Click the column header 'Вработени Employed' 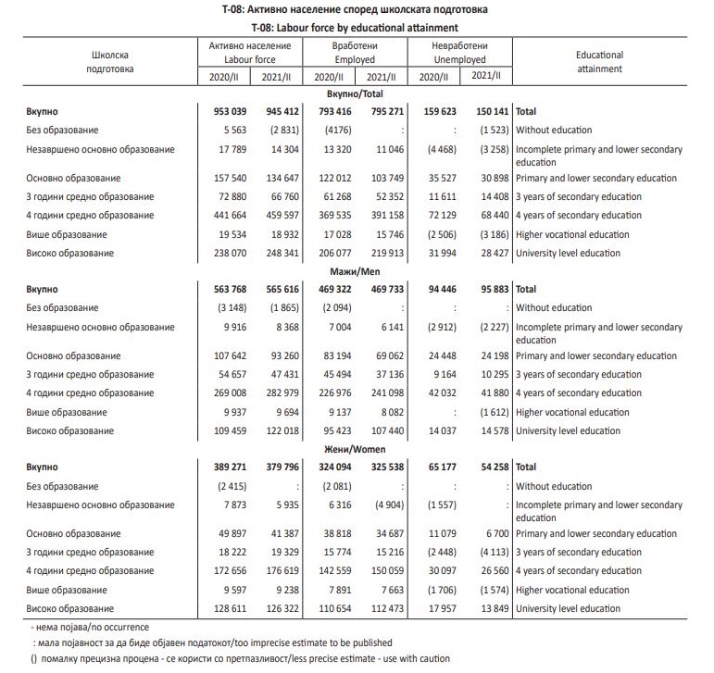355,52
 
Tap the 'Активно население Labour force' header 251,52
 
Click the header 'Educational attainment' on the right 599,62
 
